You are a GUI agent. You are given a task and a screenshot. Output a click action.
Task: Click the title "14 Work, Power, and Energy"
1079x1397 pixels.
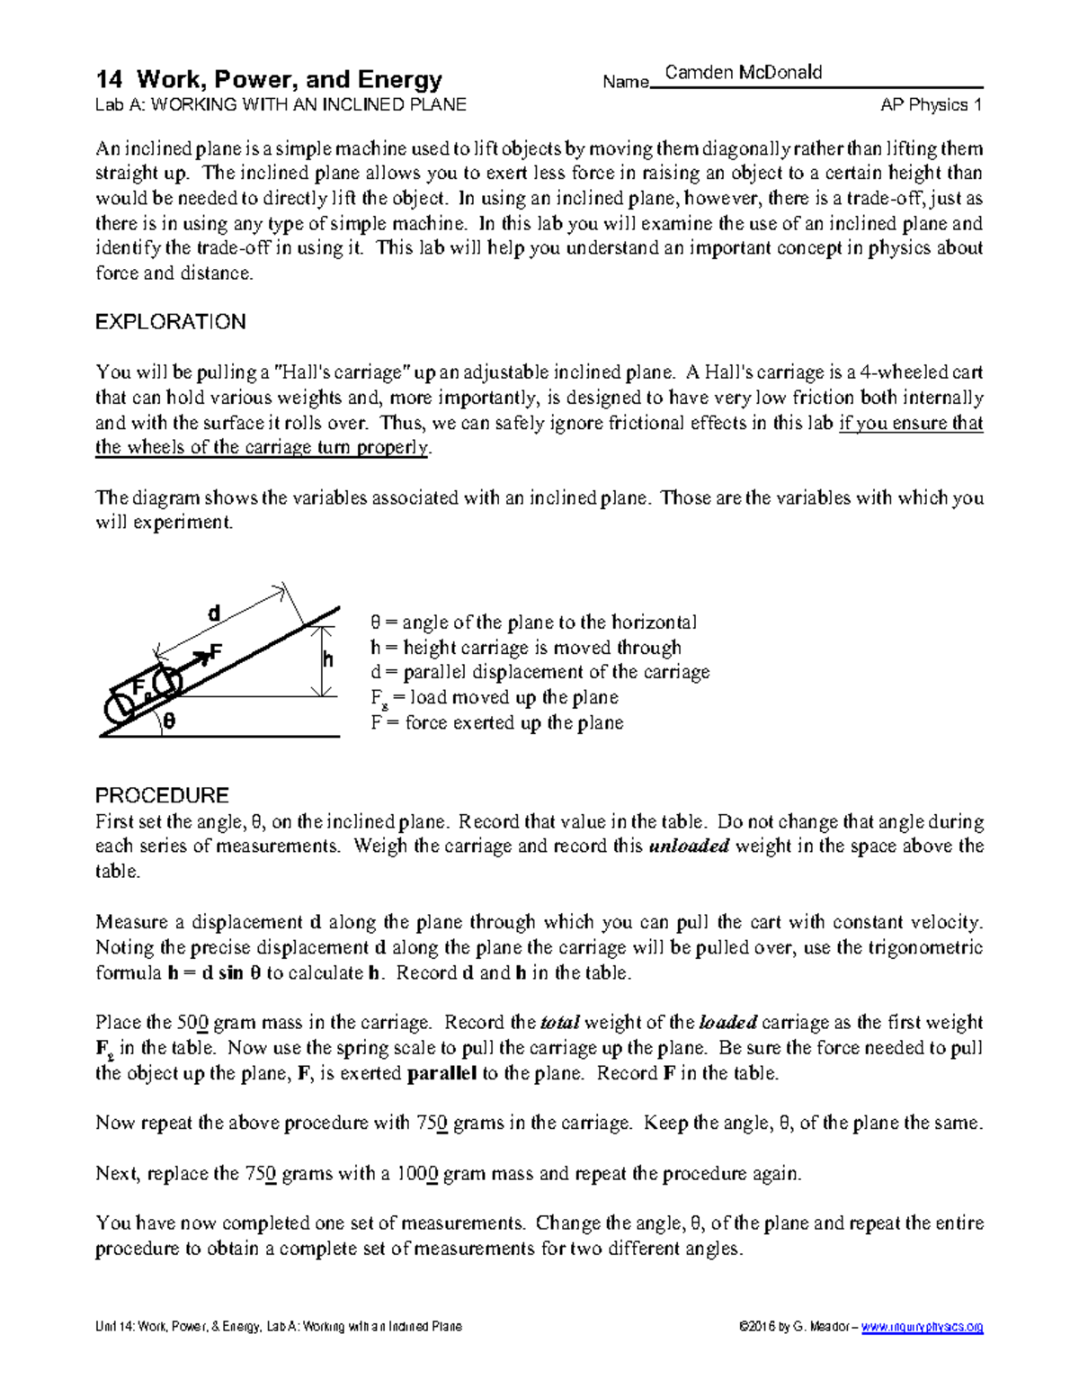pyautogui.click(x=269, y=80)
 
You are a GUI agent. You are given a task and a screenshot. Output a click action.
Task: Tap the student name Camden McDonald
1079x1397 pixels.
pyautogui.click(x=743, y=73)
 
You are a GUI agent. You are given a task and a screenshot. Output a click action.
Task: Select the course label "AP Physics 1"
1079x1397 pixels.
pyautogui.click(x=931, y=105)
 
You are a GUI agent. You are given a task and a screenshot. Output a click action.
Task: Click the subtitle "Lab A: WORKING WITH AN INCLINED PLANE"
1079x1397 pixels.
pyautogui.click(x=281, y=105)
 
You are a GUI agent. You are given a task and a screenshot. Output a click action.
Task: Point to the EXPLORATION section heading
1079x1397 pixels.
pyautogui.click(x=170, y=322)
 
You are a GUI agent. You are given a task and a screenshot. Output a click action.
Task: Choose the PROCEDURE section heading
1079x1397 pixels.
pyautogui.click(x=162, y=795)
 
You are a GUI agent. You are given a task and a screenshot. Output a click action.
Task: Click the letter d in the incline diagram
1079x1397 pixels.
pyautogui.click(x=214, y=614)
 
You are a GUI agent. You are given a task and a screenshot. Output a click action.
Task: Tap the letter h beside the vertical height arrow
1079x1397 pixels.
pyautogui.click(x=328, y=660)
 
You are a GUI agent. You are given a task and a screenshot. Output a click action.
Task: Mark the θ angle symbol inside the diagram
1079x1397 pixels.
pyautogui.click(x=169, y=722)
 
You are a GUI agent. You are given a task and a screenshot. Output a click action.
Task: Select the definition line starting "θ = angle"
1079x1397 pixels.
pyautogui.click(x=533, y=622)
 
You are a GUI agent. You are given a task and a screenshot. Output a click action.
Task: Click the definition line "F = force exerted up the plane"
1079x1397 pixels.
pyautogui.click(x=496, y=723)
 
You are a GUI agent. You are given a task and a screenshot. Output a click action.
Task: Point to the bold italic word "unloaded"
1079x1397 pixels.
pyautogui.click(x=689, y=846)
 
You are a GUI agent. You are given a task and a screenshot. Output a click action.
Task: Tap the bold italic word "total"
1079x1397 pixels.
pyautogui.click(x=560, y=1023)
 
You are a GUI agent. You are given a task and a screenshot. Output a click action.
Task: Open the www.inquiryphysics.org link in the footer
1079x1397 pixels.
pyautogui.click(x=922, y=1327)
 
